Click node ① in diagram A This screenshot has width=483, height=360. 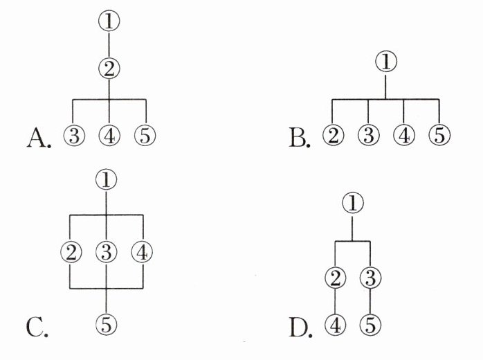109,21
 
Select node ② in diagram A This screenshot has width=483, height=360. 109,69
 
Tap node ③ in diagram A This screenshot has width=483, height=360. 74,135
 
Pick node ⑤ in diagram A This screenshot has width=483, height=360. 145,135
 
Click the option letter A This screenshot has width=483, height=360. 39,138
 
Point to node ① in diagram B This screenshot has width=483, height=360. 386,61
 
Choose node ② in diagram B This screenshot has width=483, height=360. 333,135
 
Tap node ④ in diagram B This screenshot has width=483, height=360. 404,135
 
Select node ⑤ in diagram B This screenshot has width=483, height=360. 439,135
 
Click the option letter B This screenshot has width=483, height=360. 299,138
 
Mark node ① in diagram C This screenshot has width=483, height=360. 107,180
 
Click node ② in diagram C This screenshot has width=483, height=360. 71,252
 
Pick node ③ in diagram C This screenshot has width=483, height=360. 107,252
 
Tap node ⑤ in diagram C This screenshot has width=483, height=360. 107,324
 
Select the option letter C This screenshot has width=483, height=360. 37,327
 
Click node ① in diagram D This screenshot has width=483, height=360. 353,203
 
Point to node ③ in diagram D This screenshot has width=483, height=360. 370,277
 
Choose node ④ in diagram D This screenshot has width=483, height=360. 335,325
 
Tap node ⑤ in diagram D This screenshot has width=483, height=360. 370,325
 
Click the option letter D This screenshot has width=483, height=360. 300,327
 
